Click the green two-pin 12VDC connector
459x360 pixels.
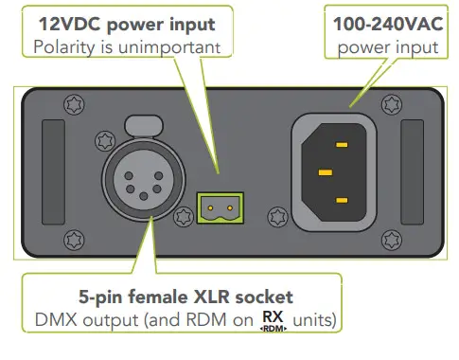coord(220,202)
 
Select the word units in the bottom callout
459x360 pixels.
coord(315,320)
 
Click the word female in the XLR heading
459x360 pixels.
coord(159,295)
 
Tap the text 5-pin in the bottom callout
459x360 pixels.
coord(103,295)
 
